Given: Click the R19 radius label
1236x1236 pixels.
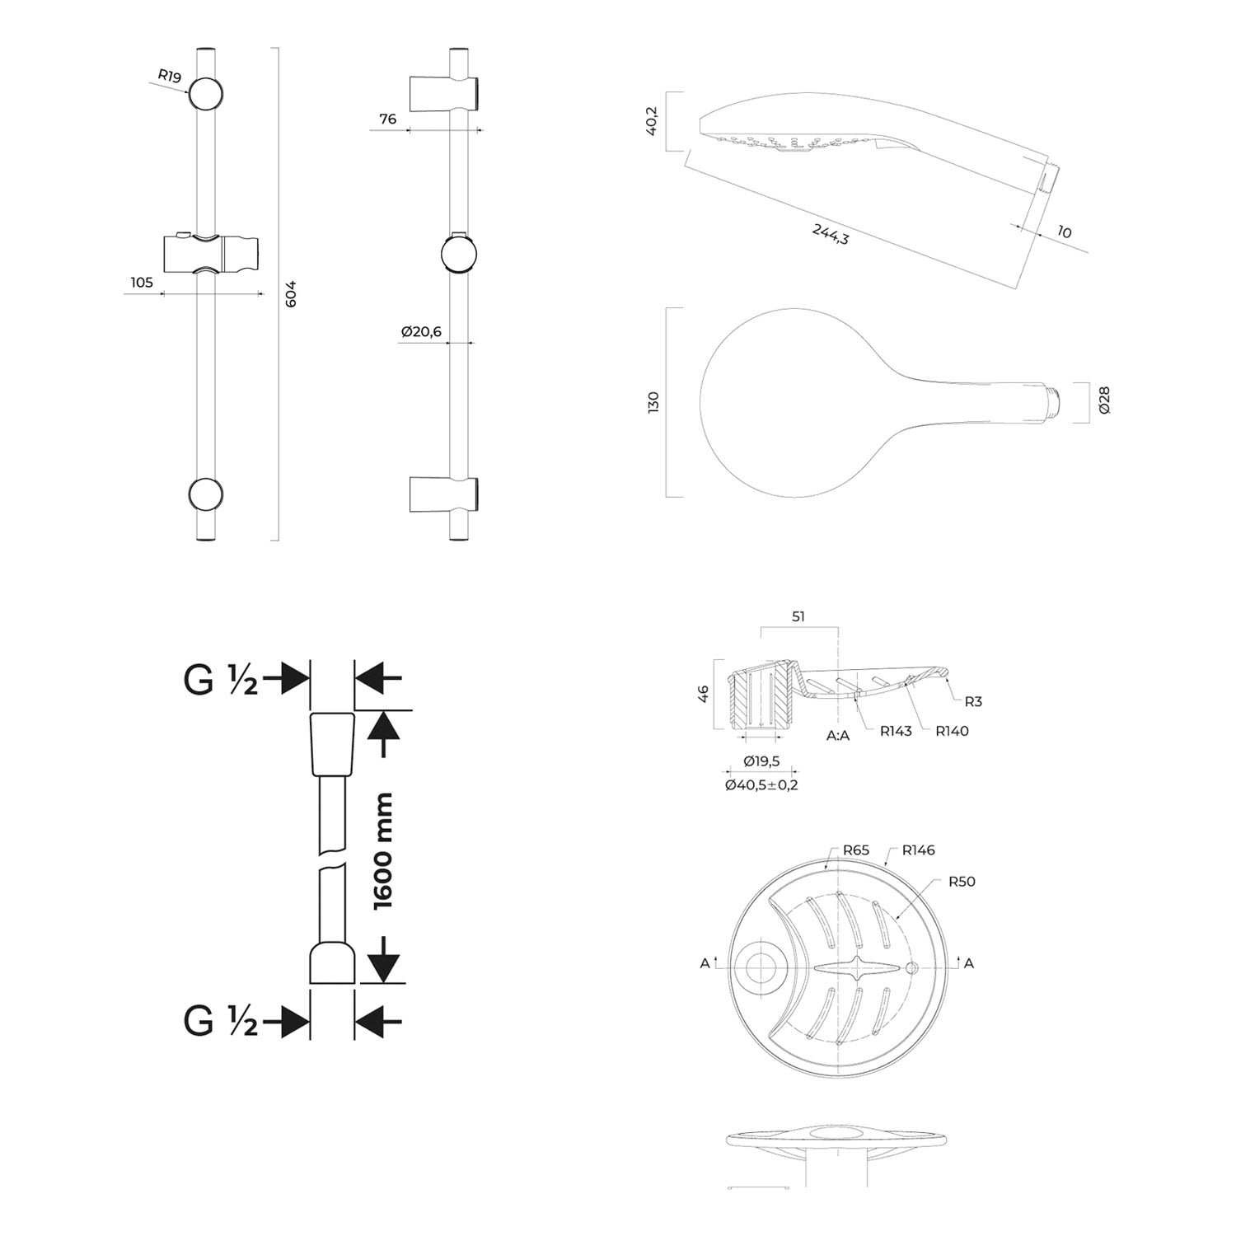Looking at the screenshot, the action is [169, 77].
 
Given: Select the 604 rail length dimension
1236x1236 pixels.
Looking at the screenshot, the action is [289, 294].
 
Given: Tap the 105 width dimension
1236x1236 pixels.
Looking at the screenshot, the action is [142, 283].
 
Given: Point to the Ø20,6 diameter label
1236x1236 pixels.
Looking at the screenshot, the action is [421, 331].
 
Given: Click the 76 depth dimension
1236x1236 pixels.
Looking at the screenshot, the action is [387, 119].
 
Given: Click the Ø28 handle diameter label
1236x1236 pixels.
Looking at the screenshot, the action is [1104, 400].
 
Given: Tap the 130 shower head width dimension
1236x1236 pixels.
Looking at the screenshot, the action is [653, 403].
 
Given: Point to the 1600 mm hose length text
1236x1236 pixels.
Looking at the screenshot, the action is [383, 852].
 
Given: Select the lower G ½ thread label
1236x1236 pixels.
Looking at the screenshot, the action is [220, 1022].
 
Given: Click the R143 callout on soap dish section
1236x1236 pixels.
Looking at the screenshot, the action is [896, 731].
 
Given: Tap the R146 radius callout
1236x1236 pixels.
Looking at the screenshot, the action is [918, 850].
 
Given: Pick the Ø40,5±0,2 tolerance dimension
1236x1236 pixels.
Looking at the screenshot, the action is [761, 785].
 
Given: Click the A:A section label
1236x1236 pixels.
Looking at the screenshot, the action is [838, 736].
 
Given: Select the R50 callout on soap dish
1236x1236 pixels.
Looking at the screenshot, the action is [962, 882].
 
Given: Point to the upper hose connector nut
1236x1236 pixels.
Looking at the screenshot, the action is [332, 743].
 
